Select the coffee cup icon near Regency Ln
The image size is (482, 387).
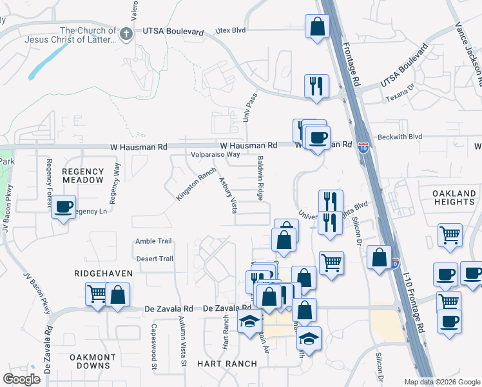63,207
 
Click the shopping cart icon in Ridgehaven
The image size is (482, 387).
97,294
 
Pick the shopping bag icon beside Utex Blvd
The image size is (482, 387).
317,26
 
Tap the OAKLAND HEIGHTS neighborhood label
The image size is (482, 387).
445,197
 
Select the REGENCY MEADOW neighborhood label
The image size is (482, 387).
82,175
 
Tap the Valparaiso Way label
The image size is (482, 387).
215,155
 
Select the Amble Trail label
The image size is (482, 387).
154,241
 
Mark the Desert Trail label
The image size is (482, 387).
155,259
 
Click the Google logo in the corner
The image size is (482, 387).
21,379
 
